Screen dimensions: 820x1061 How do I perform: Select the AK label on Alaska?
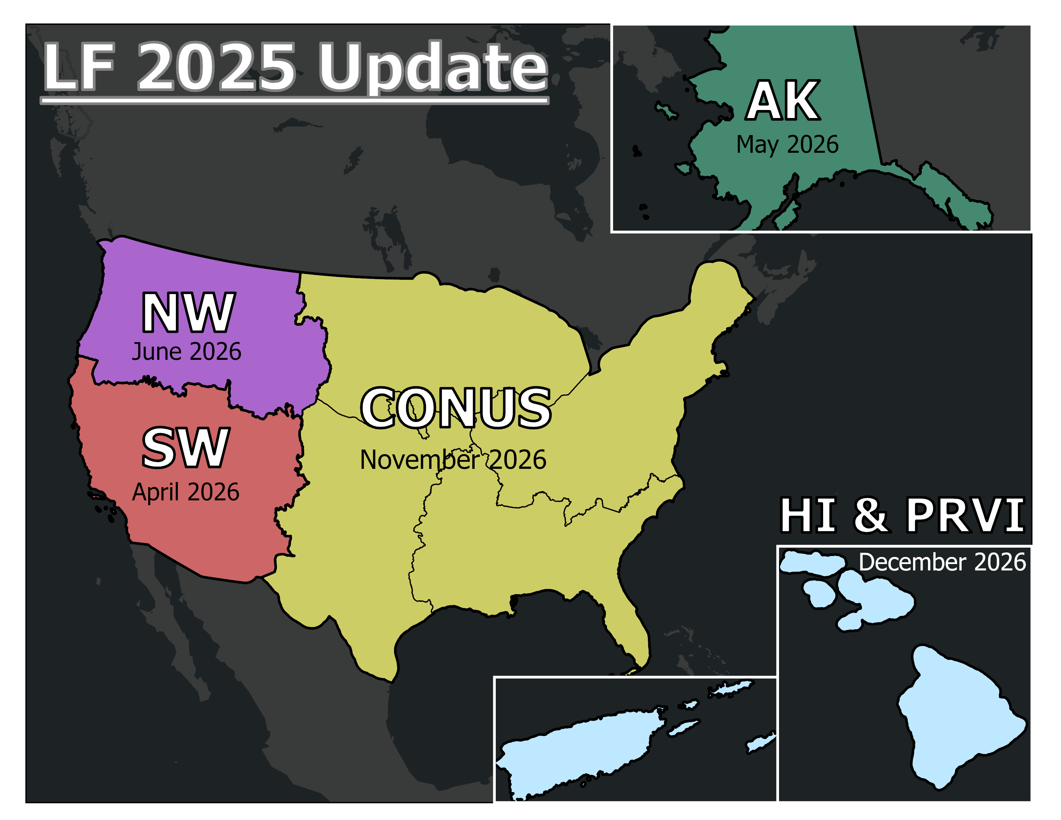[x=783, y=101]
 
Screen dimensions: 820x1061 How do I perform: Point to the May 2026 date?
[x=787, y=145]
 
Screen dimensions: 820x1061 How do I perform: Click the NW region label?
[x=188, y=313]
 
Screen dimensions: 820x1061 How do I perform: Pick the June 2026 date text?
[x=186, y=352]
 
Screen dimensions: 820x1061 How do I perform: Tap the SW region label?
[x=185, y=448]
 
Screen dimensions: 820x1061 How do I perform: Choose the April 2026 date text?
[x=186, y=492]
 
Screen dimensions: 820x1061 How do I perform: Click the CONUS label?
[x=456, y=408]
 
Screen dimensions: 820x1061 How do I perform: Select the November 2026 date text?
[x=453, y=460]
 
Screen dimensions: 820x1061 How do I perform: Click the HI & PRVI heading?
[x=902, y=515]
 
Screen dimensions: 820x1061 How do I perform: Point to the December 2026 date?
[x=942, y=562]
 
